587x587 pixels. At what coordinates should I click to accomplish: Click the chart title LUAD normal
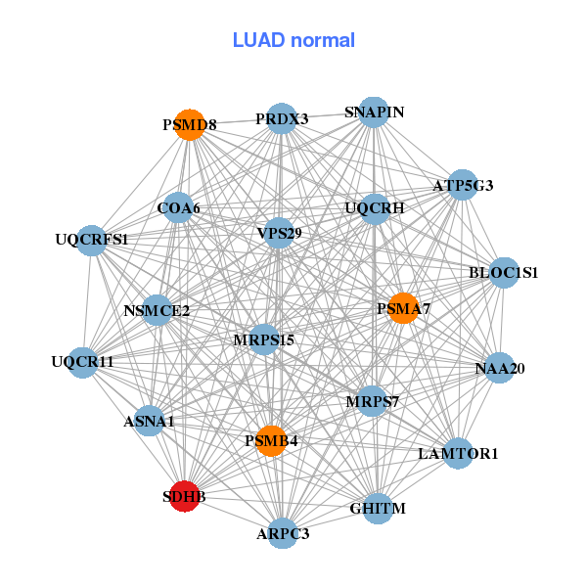[x=293, y=40]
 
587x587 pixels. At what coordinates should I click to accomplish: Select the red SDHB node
[x=185, y=496]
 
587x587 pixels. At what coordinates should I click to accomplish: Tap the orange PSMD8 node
[x=191, y=125]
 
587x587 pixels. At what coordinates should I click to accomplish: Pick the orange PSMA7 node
[x=403, y=308]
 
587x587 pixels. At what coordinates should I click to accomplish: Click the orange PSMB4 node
[x=270, y=441]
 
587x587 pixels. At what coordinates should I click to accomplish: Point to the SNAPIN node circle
[x=374, y=113]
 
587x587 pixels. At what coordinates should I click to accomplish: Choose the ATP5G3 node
[x=463, y=185]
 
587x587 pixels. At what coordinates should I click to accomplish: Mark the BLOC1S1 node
[x=504, y=272]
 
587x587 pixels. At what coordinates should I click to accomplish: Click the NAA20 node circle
[x=500, y=369]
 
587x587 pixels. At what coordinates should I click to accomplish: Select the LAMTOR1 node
[x=458, y=454]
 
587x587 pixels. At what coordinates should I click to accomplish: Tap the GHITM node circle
[x=378, y=509]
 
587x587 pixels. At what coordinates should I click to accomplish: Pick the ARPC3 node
[x=283, y=533]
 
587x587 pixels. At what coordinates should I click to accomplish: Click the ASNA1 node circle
[x=149, y=422]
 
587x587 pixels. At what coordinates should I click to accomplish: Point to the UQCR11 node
[x=83, y=362]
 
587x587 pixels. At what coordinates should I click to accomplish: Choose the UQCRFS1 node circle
[x=92, y=239]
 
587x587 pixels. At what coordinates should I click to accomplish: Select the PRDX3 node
[x=282, y=119]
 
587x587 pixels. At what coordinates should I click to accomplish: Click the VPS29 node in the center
[x=279, y=233]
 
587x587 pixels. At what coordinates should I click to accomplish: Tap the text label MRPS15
[x=264, y=340]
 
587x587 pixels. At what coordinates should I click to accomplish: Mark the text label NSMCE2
[x=157, y=311]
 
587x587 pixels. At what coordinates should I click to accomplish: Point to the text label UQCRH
[x=374, y=207]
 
